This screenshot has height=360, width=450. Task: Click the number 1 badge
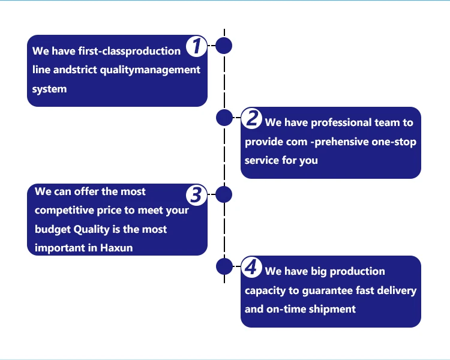pos(196,46)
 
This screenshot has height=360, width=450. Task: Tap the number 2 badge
pos(253,118)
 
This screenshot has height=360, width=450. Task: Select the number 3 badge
pos(196,195)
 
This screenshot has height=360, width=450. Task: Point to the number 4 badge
pos(253,267)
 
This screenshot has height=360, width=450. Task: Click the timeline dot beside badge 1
pos(224,46)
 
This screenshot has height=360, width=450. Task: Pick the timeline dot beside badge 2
pos(224,118)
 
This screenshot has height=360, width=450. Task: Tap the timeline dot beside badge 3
pos(224,194)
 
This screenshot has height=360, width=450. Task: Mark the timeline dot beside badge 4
pos(224,266)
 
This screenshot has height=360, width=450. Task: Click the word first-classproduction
pos(129,51)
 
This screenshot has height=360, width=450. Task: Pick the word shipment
pos(332,309)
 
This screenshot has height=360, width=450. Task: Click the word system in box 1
pos(50,89)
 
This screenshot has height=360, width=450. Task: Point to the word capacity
pos(265,291)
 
